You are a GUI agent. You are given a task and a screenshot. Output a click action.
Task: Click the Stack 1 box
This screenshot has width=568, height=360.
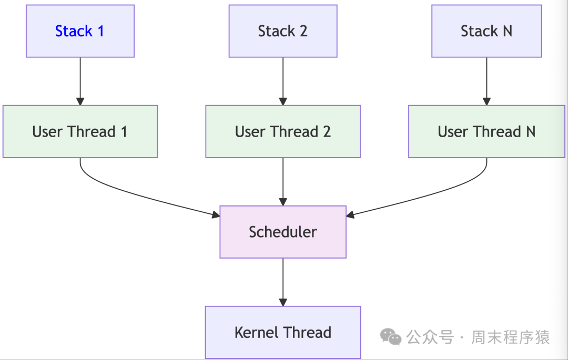(x=80, y=31)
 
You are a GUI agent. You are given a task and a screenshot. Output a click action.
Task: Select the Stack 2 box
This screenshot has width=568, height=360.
(x=282, y=31)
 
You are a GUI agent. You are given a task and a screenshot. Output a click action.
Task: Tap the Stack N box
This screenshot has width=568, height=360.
(x=486, y=31)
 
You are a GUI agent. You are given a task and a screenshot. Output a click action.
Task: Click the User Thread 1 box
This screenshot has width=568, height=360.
(x=80, y=131)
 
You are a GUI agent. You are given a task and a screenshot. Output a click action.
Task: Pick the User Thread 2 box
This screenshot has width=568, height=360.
(x=282, y=131)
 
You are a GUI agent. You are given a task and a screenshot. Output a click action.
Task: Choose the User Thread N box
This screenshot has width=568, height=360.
(x=486, y=131)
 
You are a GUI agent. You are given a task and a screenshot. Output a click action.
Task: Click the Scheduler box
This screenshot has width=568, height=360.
(x=282, y=232)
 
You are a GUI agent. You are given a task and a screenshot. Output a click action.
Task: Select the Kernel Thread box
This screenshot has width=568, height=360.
(x=282, y=332)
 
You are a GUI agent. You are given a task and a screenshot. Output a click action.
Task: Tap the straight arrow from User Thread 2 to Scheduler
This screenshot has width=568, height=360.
(x=283, y=181)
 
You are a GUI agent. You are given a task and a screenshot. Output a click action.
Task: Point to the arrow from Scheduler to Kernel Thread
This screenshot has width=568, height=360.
(x=283, y=282)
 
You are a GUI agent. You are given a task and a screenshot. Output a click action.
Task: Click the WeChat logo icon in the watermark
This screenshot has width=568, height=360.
(x=391, y=337)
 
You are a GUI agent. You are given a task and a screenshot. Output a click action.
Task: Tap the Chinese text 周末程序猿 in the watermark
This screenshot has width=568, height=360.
(x=510, y=337)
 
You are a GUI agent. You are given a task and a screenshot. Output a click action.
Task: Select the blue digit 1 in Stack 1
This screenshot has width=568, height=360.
(x=100, y=31)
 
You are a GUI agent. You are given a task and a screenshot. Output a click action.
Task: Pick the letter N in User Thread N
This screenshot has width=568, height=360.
(x=530, y=131)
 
